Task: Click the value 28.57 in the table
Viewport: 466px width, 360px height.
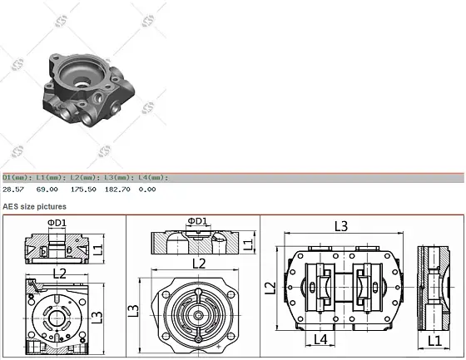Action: [12, 189]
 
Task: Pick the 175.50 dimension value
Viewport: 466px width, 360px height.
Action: [83, 189]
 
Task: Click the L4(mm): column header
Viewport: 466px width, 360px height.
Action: [152, 177]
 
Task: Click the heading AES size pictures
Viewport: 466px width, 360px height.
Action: [34, 205]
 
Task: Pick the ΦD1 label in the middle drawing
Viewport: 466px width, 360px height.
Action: [198, 221]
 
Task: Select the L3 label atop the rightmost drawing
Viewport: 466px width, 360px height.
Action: [341, 225]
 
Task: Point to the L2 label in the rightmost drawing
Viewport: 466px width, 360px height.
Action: [270, 287]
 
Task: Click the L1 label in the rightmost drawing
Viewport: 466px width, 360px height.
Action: [434, 340]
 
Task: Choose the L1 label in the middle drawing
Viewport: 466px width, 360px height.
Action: [248, 244]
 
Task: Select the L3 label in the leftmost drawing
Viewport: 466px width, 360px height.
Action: [97, 317]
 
